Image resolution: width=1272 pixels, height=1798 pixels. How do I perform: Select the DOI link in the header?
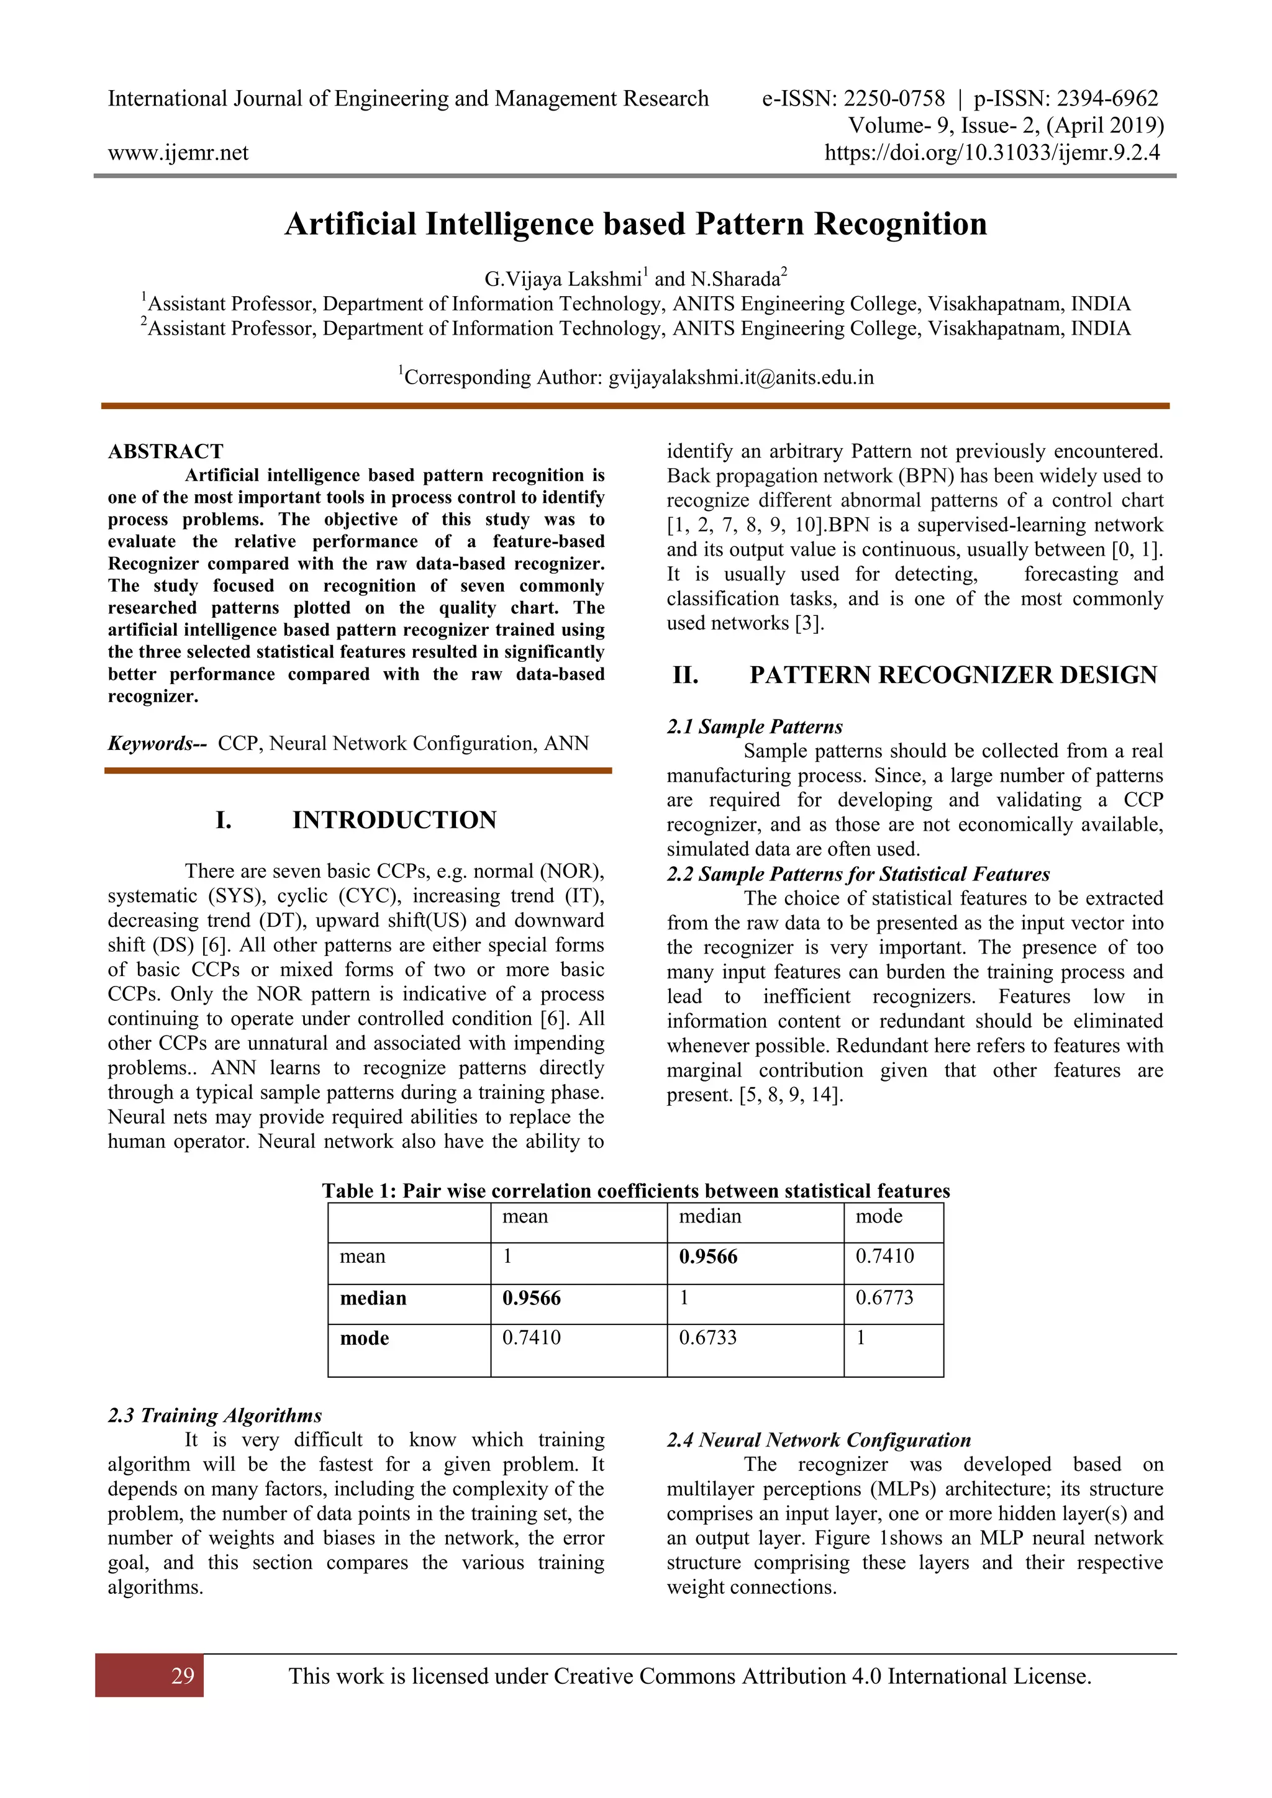[993, 152]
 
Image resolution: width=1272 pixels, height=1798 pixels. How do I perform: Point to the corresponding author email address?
[741, 377]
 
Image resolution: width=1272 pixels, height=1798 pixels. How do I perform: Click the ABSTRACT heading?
[165, 452]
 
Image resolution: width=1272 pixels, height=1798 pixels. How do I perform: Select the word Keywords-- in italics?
[156, 743]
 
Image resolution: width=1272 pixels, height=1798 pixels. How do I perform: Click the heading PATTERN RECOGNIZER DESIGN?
[952, 675]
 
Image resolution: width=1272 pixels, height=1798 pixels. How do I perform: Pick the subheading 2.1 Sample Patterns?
[754, 727]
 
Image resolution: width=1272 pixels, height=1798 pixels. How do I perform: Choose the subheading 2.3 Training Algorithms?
[215, 1415]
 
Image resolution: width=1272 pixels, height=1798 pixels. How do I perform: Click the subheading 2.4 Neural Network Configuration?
[819, 1439]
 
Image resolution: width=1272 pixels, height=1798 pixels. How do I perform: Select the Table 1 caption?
[635, 1191]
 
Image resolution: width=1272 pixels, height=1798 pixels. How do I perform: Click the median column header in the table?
[710, 1216]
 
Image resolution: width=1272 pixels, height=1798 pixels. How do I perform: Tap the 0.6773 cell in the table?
[884, 1298]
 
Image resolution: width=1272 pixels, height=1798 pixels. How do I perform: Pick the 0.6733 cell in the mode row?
[707, 1337]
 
